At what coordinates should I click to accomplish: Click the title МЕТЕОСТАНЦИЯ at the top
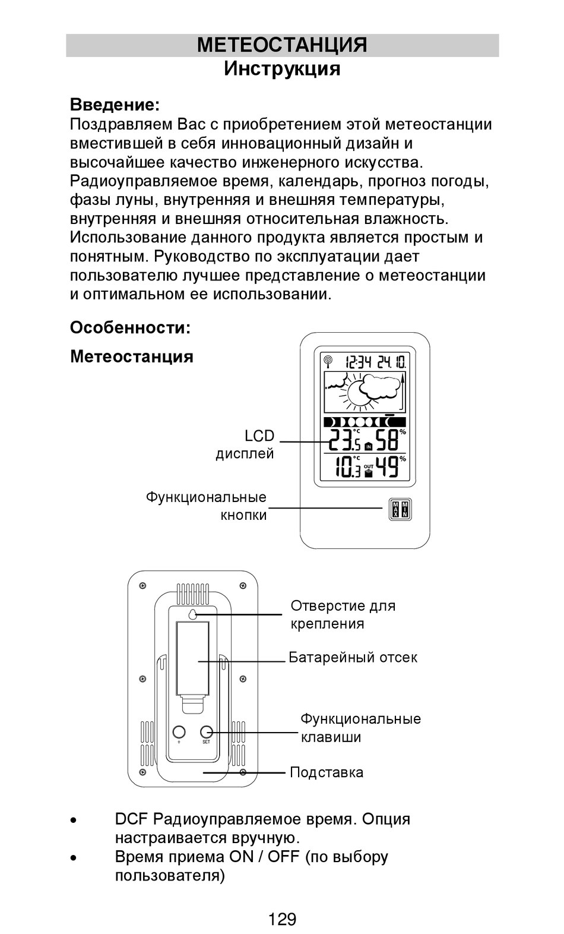(282, 45)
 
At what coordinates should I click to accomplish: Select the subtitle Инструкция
(282, 69)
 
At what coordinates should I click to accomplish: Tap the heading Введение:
(115, 105)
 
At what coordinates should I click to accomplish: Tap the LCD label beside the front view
(259, 436)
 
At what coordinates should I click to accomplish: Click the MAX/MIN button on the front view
(399, 509)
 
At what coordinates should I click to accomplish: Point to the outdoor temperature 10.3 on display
(347, 467)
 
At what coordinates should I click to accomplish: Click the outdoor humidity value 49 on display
(388, 467)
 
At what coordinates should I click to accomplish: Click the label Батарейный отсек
(353, 657)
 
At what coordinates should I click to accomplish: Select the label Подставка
(327, 772)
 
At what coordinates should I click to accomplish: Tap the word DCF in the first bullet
(131, 819)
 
